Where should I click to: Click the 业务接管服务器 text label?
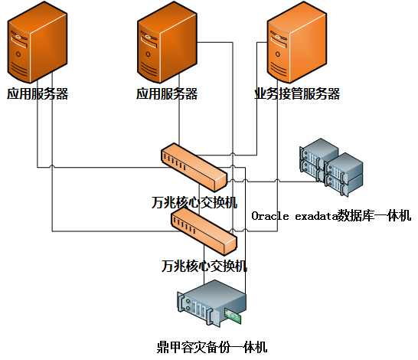point(297,94)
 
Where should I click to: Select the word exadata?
point(316,216)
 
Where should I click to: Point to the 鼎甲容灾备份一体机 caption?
point(212,347)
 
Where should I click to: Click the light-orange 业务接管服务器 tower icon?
point(297,42)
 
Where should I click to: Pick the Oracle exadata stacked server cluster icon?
point(331,167)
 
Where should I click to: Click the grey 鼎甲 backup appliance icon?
point(211,303)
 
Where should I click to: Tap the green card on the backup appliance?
point(233,316)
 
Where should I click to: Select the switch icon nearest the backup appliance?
point(204,231)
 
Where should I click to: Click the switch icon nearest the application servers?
point(194,167)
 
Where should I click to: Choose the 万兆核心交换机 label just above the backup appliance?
point(204,266)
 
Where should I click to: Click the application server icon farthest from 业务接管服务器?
point(38,42)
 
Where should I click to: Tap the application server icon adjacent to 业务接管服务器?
point(167,42)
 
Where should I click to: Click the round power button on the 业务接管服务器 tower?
point(278,54)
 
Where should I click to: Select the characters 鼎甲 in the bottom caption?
point(169,347)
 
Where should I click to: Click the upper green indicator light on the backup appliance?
point(188,301)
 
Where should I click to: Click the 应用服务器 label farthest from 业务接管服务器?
point(38,94)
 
